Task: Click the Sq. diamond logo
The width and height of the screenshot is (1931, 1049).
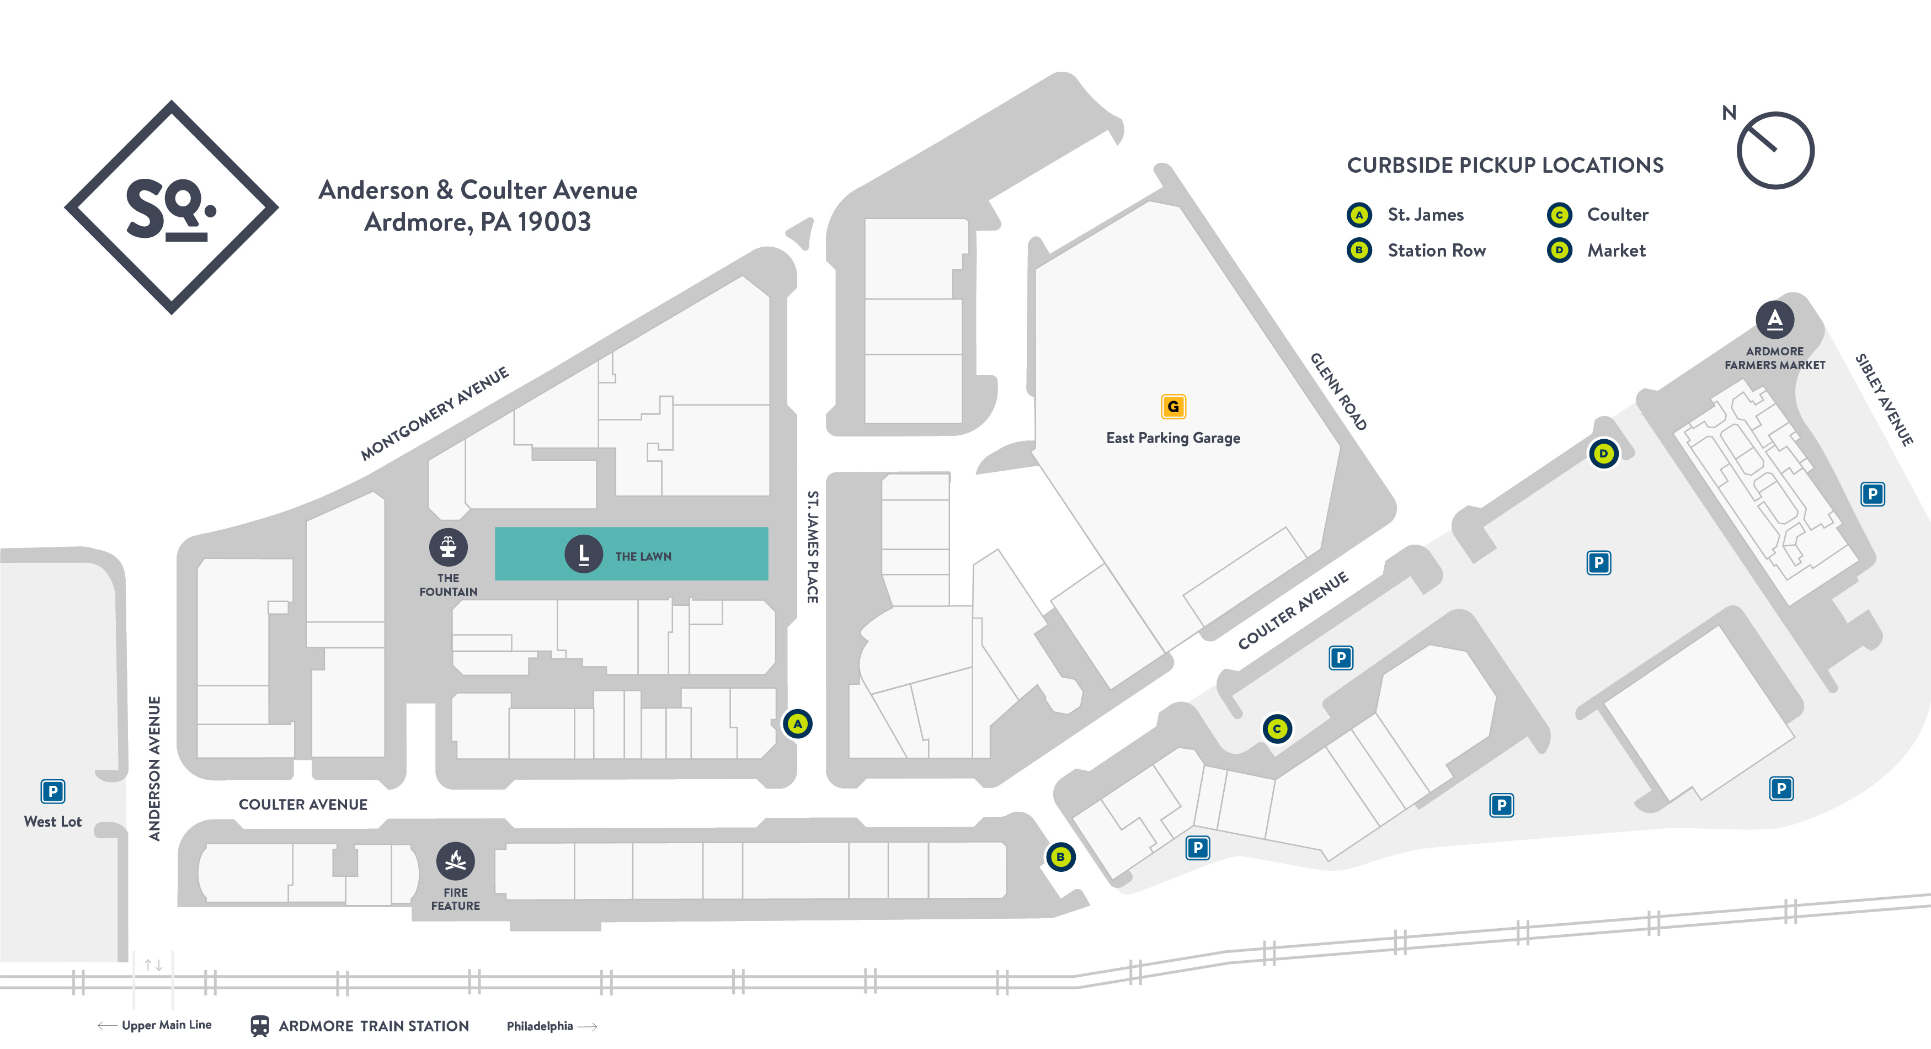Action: point(172,207)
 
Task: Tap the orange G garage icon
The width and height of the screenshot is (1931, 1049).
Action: point(1173,406)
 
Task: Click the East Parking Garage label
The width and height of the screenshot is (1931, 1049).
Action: point(1173,438)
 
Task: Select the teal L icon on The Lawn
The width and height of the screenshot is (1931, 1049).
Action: point(583,555)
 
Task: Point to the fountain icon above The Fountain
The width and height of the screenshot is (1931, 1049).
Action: point(448,547)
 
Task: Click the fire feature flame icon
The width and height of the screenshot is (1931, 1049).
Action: point(456,861)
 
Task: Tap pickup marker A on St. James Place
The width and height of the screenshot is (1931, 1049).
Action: point(798,723)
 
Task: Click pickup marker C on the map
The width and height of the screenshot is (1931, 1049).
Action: point(1277,728)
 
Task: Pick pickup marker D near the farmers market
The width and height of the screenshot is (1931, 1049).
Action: point(1603,454)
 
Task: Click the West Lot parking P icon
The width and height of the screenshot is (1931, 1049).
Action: point(52,791)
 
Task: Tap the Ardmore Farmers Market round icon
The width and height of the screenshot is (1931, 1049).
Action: point(1774,320)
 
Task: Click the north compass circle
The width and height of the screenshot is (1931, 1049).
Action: point(1775,151)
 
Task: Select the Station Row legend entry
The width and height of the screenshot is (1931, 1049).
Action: point(1436,251)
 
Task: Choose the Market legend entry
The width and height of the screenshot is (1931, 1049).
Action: point(1615,251)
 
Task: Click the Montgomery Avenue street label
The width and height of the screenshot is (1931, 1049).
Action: point(434,414)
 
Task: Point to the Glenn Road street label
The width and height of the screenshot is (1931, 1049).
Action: point(1339,391)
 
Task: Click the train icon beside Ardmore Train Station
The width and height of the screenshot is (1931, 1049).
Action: point(259,1026)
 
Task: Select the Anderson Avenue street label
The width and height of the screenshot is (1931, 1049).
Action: point(154,769)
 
